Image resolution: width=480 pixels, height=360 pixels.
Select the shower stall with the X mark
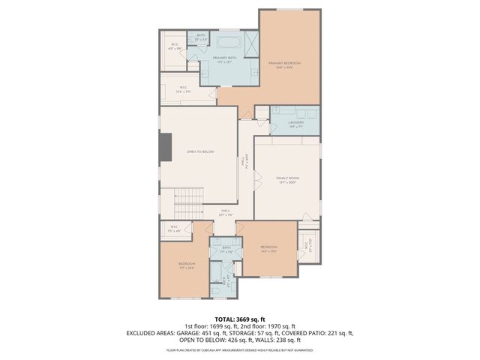click(x=249, y=40)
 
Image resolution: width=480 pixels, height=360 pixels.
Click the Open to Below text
click(x=200, y=152)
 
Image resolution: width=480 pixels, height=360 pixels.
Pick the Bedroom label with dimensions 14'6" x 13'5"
click(x=268, y=248)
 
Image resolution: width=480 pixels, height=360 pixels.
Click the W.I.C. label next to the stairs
click(x=172, y=228)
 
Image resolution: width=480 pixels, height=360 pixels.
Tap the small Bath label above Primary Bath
click(x=200, y=35)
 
